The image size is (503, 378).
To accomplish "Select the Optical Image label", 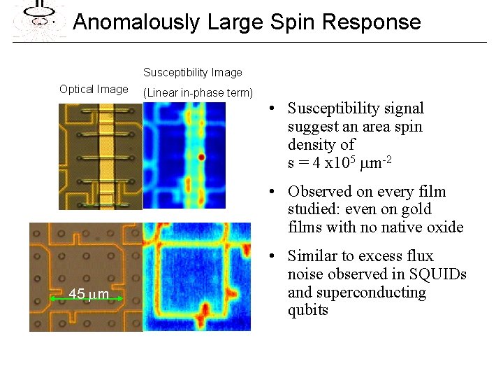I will click(x=94, y=89).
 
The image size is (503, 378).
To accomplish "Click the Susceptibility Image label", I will click(x=193, y=72).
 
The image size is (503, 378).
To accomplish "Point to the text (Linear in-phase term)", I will click(x=198, y=92).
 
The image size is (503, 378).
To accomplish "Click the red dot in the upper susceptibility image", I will click(x=201, y=157).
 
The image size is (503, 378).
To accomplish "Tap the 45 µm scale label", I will click(x=89, y=294).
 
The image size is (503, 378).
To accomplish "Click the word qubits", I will click(x=308, y=310).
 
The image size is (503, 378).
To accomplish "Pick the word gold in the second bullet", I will click(x=416, y=209).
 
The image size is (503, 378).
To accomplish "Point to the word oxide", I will click(x=444, y=227).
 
